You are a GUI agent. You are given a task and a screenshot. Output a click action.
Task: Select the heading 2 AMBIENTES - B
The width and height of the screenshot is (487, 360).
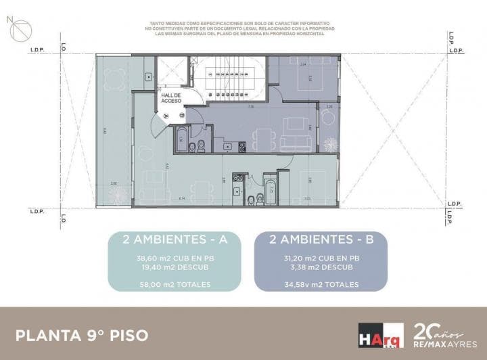click(321, 239)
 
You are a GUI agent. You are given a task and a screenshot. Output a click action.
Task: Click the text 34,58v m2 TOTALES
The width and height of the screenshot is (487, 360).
click(321, 284)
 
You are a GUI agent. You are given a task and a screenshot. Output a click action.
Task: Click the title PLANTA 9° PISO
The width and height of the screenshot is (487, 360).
click(81, 335)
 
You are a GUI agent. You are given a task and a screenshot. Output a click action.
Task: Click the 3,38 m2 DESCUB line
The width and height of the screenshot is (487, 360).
click(321, 267)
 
